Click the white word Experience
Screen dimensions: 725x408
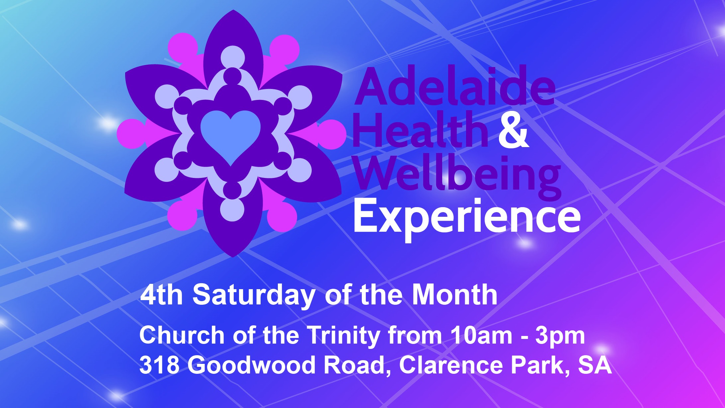coord(467,217)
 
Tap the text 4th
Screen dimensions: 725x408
coord(161,294)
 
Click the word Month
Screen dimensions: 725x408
coord(455,294)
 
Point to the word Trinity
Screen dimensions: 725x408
coord(344,336)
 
